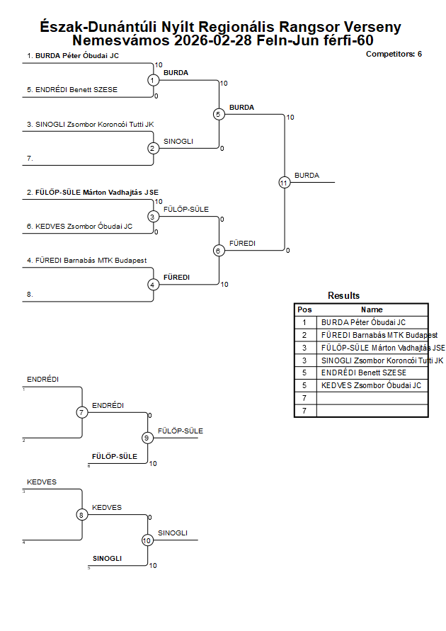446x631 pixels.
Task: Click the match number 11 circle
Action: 285,182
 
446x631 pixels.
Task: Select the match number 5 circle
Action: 219,114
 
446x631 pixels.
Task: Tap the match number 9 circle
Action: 147,438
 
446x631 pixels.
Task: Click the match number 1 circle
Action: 153,80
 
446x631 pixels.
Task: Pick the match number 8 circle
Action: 82,515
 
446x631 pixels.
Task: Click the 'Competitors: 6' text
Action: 394,54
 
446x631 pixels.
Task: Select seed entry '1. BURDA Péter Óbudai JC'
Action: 73,55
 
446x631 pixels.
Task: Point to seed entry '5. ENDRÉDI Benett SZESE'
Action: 72,90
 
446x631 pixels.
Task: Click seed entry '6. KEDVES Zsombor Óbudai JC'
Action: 79,227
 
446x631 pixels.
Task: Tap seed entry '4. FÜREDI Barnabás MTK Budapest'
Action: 86,261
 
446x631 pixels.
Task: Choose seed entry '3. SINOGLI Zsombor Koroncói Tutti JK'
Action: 90,124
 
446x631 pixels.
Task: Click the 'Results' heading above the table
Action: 343,296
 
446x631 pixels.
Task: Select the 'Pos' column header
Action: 304,309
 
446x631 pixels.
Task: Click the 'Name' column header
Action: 372,309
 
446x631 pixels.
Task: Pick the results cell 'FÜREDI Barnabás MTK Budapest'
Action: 379,335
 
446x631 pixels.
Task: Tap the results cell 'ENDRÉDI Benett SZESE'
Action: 363,373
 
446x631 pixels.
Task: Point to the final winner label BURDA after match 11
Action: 307,176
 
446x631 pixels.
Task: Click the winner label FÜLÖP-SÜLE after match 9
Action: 180,431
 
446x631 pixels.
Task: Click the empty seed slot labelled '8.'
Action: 30,294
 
